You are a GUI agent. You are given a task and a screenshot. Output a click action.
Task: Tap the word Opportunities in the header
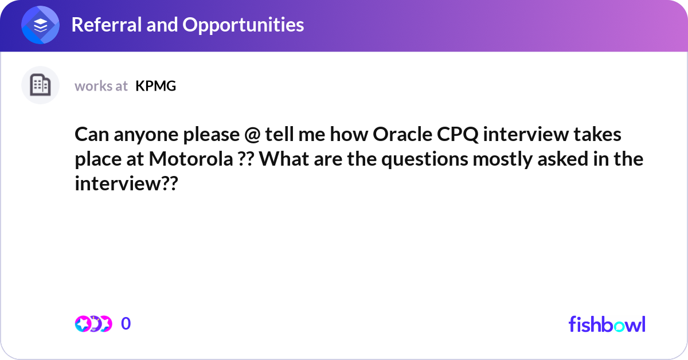point(243,25)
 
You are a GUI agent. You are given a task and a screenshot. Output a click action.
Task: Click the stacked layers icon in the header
point(40,25)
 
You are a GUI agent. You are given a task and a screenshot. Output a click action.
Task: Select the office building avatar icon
point(40,85)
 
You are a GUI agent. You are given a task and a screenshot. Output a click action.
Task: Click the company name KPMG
point(156,86)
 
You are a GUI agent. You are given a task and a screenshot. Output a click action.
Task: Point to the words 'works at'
point(101,86)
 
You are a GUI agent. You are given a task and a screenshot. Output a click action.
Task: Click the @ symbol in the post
point(252,135)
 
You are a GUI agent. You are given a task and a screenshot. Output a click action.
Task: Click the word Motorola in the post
point(191,159)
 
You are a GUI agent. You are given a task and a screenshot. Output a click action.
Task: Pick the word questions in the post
point(425,159)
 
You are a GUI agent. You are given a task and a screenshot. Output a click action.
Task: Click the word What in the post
point(284,159)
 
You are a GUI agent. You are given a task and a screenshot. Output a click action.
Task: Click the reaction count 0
point(126,323)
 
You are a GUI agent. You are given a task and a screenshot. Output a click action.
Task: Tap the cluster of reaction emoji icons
point(93,324)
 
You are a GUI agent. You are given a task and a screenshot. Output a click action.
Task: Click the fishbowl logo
point(607,324)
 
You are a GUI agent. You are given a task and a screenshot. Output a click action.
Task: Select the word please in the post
point(212,135)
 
